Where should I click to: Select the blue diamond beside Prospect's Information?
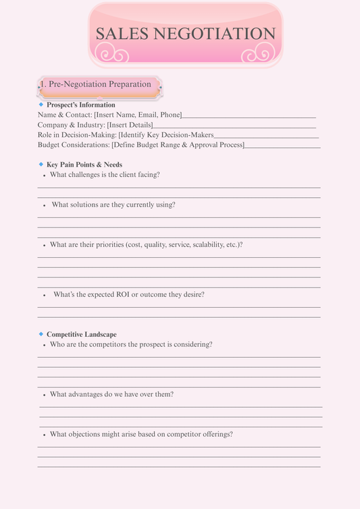tap(41, 105)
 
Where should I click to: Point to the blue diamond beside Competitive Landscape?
tap(41, 334)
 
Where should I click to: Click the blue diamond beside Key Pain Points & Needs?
tap(41, 164)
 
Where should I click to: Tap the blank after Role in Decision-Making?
tap(266, 136)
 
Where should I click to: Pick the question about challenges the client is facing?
tap(105, 175)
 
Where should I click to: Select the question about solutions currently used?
tap(113, 205)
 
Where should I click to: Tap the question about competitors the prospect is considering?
tap(131, 344)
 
